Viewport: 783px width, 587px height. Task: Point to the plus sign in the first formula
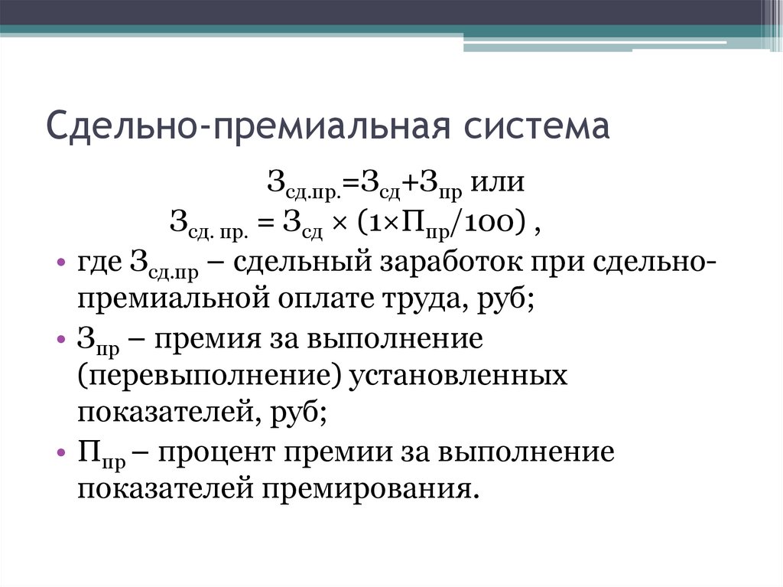[399, 184]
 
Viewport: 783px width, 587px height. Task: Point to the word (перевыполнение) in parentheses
[205, 376]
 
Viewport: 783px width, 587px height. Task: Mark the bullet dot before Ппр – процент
[61, 453]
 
